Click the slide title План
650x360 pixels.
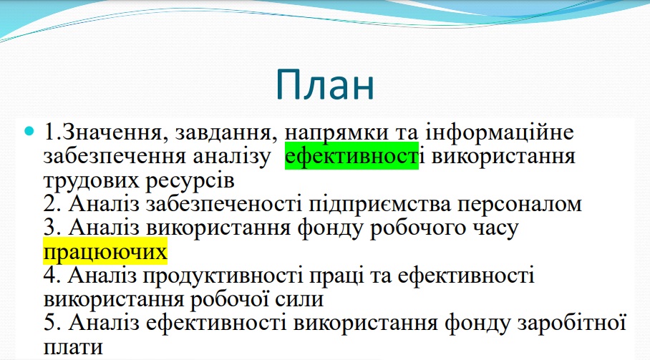coord(325,84)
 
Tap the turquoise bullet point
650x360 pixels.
coord(29,131)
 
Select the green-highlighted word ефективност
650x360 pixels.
coord(351,156)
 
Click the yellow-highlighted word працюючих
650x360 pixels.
coord(105,251)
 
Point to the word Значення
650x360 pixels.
coord(115,132)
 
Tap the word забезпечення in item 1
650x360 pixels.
coord(115,157)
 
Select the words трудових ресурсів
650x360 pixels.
coord(139,181)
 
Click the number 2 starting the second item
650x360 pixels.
coord(52,204)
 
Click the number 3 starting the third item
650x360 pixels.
coord(52,228)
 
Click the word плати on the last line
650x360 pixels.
coord(73,347)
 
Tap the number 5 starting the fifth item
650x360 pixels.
coord(52,323)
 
